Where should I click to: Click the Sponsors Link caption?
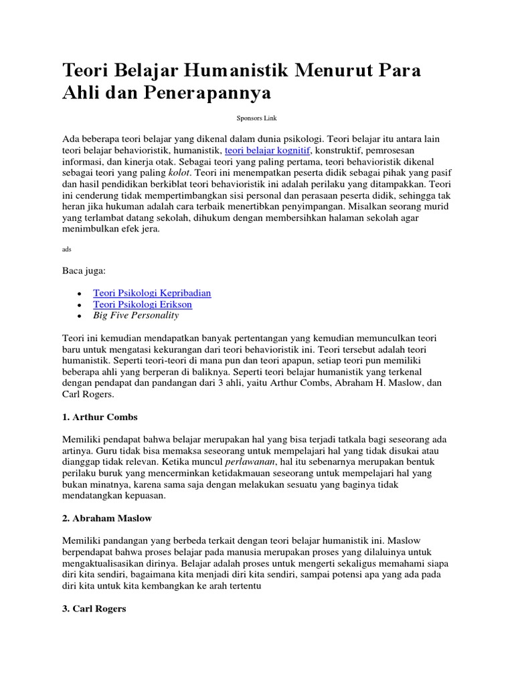click(x=256, y=118)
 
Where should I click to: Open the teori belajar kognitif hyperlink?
click(x=267, y=151)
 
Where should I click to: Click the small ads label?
click(x=66, y=248)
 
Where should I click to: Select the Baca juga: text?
click(x=84, y=272)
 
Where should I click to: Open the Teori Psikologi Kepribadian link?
click(x=152, y=293)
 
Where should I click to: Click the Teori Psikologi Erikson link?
click(x=143, y=304)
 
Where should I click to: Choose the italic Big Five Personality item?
click(x=137, y=315)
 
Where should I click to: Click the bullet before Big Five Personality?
click(x=80, y=316)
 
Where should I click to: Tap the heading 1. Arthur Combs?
click(x=100, y=417)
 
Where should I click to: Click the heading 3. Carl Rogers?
click(x=94, y=609)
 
